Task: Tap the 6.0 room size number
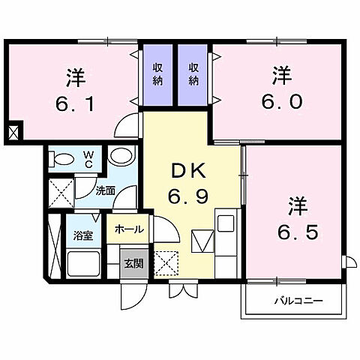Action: [x=282, y=100]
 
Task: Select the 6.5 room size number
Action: [x=298, y=229]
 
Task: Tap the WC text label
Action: [x=88, y=159]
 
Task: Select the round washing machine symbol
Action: [x=120, y=157]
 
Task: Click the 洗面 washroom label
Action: [x=104, y=191]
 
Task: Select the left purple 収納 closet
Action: [x=156, y=74]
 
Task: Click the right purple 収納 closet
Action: [x=194, y=74]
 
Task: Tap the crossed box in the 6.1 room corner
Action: [x=14, y=133]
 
